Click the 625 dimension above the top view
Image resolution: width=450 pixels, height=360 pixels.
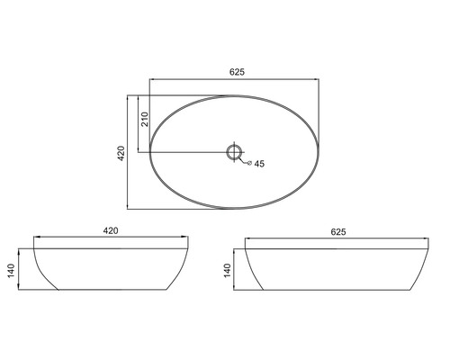click(x=238, y=72)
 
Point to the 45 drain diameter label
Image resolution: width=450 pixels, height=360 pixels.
click(x=259, y=164)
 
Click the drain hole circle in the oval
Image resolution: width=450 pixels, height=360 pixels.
click(x=235, y=151)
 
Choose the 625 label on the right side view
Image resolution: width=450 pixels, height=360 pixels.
click(x=338, y=231)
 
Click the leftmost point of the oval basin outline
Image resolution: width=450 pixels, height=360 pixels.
click(x=149, y=151)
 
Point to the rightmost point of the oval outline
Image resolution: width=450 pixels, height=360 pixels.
click(x=320, y=151)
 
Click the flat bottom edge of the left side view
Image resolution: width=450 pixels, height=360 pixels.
click(x=112, y=290)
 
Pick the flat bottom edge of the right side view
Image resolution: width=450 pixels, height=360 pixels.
click(x=338, y=290)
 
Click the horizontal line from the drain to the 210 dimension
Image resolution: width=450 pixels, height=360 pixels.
click(x=184, y=151)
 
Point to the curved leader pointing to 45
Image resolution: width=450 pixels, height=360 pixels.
click(x=247, y=161)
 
